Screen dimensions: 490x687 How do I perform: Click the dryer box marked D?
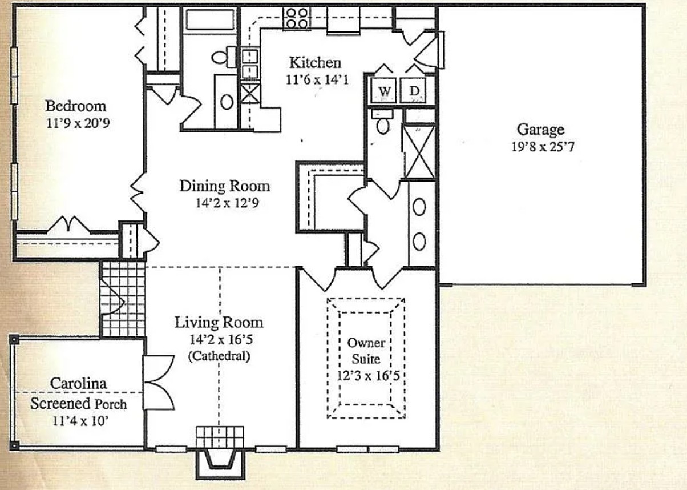click(x=415, y=91)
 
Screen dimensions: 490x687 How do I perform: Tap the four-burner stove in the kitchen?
click(x=297, y=18)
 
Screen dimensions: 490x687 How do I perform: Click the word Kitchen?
click(x=314, y=63)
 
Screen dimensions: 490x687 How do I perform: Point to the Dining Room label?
click(x=224, y=186)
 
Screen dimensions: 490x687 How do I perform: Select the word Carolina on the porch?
click(x=78, y=384)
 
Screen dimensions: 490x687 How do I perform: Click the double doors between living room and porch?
click(x=157, y=382)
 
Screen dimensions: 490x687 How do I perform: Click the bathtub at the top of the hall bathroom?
click(x=209, y=19)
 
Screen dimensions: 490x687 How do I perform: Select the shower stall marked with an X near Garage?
click(x=419, y=152)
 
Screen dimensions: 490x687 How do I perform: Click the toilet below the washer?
click(x=383, y=123)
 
